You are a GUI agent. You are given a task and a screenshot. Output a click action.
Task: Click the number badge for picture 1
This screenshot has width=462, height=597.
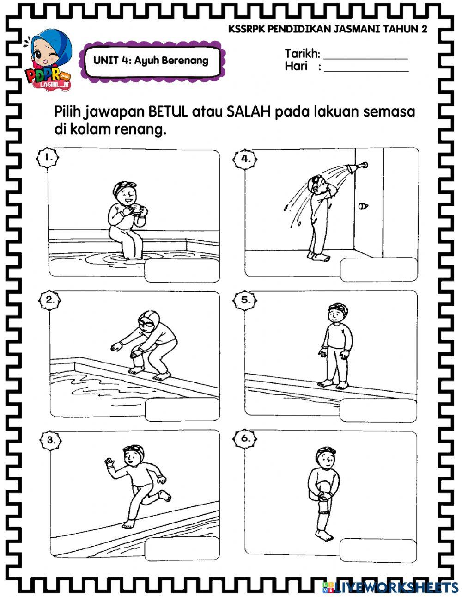(48, 158)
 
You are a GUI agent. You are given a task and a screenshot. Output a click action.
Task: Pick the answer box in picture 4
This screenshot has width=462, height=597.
(378, 270)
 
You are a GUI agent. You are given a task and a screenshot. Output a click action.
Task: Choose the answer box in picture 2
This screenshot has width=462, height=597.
(182, 410)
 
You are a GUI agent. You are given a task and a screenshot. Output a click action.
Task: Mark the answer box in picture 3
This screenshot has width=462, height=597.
(182, 549)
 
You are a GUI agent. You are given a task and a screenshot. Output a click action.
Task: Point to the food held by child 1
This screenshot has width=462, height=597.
(136, 209)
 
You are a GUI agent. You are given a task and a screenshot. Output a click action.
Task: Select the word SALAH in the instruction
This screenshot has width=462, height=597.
(249, 112)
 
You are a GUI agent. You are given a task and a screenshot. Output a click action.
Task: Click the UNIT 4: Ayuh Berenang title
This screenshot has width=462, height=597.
(151, 60)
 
